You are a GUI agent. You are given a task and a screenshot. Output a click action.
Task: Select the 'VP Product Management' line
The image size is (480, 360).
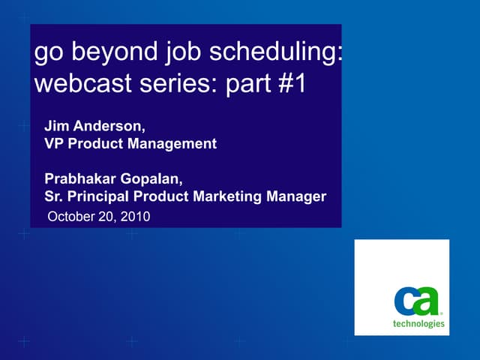(x=130, y=143)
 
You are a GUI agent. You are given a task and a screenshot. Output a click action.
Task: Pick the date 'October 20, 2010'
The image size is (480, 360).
(x=99, y=217)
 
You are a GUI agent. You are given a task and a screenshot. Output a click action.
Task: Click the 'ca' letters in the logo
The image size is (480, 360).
(x=417, y=302)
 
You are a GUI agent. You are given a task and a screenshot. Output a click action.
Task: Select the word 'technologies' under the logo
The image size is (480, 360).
(x=418, y=324)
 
